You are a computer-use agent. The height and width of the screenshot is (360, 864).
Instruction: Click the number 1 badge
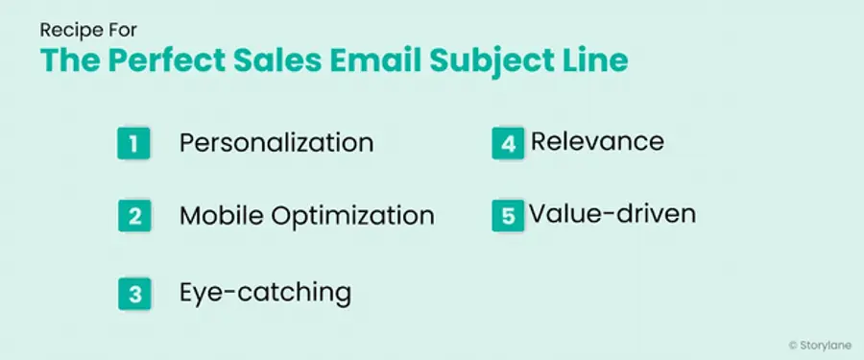click(133, 143)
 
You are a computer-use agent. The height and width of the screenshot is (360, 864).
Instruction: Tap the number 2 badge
click(133, 215)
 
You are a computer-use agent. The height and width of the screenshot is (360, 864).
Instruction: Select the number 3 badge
click(133, 292)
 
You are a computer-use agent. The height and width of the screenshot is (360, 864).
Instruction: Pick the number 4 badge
click(506, 143)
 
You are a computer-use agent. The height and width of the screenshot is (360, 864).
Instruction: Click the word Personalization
click(276, 143)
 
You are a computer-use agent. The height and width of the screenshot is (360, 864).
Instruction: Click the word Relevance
click(597, 142)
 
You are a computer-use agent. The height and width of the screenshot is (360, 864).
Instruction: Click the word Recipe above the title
click(67, 30)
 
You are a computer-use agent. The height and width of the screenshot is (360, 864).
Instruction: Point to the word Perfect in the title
click(162, 61)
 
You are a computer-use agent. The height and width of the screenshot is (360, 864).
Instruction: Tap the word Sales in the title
click(283, 60)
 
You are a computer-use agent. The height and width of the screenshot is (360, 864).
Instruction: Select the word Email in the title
click(390, 60)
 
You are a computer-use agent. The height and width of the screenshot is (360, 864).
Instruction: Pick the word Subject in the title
click(510, 62)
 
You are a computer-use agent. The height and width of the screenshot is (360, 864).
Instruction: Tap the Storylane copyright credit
click(818, 343)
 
